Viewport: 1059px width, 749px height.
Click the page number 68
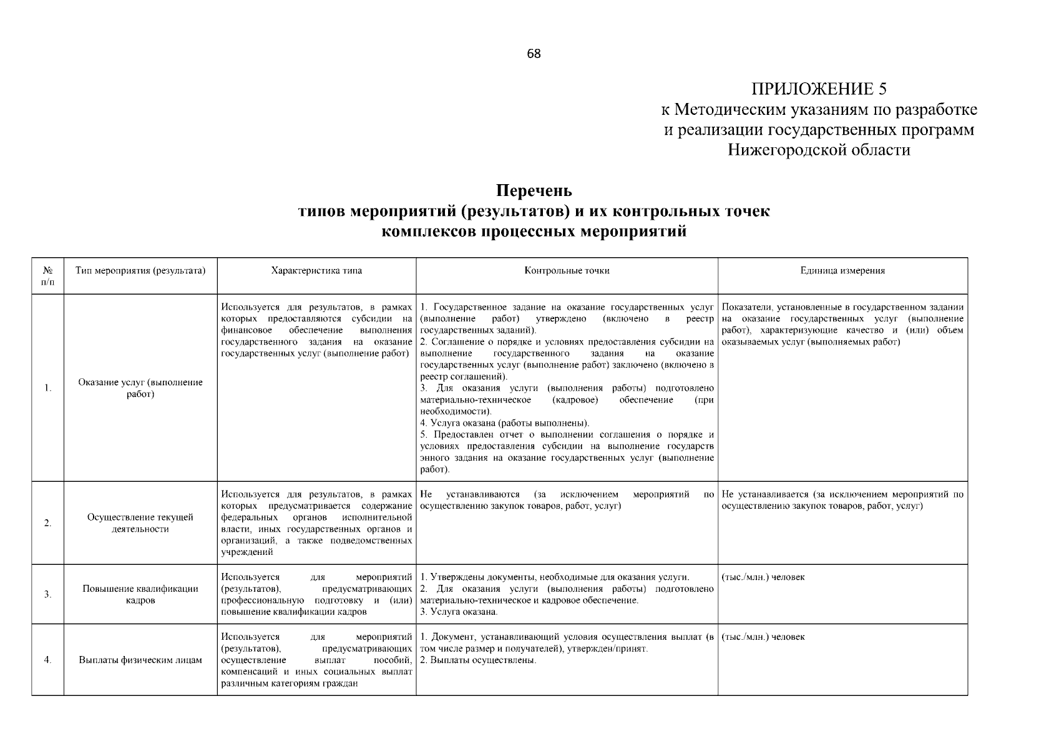[x=534, y=54]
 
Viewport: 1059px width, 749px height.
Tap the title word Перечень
[x=534, y=190]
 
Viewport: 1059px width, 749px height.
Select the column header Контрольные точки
[x=567, y=271]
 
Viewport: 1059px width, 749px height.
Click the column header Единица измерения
[x=842, y=271]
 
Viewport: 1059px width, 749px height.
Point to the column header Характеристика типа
[x=316, y=271]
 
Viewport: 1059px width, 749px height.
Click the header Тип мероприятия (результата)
[x=140, y=271]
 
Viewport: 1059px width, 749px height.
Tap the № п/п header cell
[x=48, y=276]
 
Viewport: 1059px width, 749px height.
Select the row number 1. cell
[x=48, y=388]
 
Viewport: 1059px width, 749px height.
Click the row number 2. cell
[x=48, y=523]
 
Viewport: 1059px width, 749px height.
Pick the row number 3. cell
[x=48, y=594]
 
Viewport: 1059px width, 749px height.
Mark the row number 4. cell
[x=48, y=660]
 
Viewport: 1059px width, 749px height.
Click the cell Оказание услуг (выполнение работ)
[x=140, y=388]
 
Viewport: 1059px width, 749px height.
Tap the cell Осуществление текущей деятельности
[x=140, y=523]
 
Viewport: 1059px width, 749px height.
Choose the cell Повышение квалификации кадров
[x=140, y=594]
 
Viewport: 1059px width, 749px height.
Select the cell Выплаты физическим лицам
[x=140, y=660]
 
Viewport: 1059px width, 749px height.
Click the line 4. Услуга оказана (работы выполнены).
[x=504, y=423]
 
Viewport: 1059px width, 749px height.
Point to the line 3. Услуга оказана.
[x=459, y=612]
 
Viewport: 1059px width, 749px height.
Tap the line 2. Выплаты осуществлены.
[x=478, y=660]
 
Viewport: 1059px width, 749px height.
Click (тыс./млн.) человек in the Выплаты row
[x=763, y=637]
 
